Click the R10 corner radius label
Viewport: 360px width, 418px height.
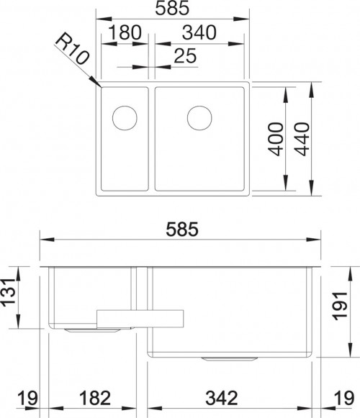click(72, 48)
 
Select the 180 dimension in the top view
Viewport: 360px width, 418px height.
click(125, 32)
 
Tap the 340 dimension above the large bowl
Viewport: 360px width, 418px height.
click(199, 32)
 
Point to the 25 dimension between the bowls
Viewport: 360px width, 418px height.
click(185, 55)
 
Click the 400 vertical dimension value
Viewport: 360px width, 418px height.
click(276, 139)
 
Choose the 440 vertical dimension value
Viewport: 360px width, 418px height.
click(302, 139)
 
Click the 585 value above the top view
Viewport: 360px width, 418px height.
click(172, 8)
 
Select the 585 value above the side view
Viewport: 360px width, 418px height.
click(182, 230)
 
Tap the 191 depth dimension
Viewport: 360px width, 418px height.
click(341, 306)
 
